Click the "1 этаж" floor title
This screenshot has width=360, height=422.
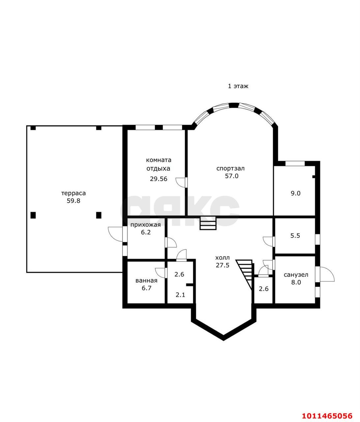[238, 86]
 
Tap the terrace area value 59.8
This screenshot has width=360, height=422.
[74, 201]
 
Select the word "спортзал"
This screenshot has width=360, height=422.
[230, 169]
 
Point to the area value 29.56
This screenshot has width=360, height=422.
[159, 179]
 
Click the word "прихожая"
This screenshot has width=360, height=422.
[146, 225]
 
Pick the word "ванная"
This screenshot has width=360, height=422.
[146, 281]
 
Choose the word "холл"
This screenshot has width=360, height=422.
[223, 257]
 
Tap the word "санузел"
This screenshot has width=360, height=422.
[296, 275]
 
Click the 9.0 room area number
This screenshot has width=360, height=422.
[295, 193]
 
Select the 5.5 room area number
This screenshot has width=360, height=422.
[295, 236]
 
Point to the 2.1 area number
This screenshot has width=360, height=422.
[180, 295]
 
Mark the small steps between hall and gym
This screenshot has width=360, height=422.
[208, 223]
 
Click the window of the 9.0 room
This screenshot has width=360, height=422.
[295, 163]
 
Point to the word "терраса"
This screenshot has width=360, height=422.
[74, 193]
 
